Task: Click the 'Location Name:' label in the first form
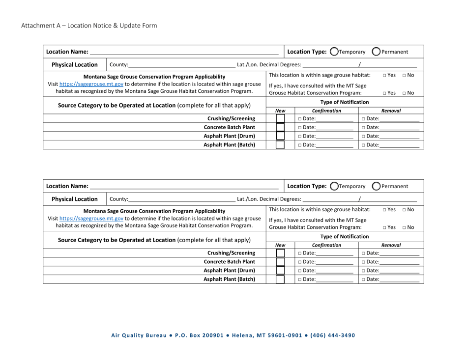[x=67, y=52]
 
